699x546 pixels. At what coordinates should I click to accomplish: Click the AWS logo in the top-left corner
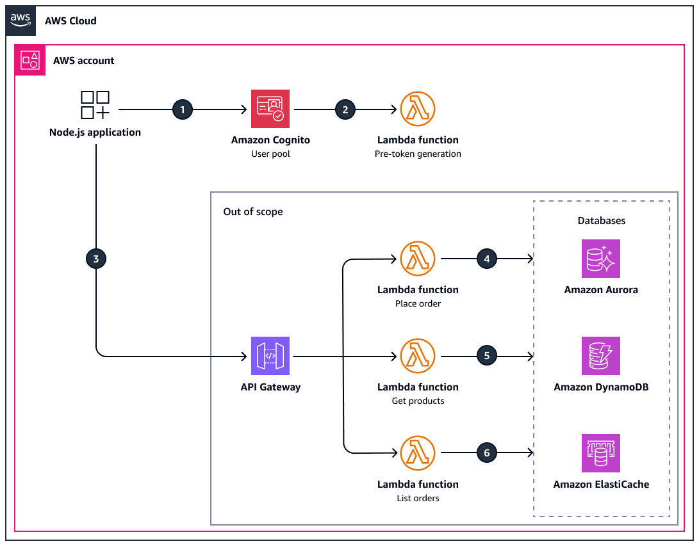click(x=21, y=20)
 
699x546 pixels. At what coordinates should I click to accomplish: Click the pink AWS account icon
click(x=30, y=60)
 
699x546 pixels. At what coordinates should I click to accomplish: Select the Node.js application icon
click(x=95, y=105)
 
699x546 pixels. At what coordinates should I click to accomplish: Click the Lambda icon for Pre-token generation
click(x=418, y=109)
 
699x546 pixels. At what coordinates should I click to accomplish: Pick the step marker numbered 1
click(x=183, y=109)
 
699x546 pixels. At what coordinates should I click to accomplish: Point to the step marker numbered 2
click(x=345, y=109)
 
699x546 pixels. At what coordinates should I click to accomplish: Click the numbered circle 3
click(x=96, y=259)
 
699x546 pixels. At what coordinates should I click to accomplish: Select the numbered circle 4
click(x=487, y=259)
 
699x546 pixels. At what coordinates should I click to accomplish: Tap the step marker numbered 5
click(x=487, y=355)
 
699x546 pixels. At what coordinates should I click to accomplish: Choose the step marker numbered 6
click(x=487, y=453)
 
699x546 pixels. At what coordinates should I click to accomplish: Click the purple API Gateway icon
click(x=270, y=356)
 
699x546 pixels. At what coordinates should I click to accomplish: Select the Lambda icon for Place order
click(x=418, y=259)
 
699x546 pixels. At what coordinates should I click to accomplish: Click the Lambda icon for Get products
click(x=418, y=356)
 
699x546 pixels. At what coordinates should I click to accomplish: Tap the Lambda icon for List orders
click(x=418, y=453)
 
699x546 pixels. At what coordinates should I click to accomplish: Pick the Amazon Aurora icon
click(x=601, y=259)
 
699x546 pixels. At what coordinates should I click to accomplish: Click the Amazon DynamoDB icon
click(x=601, y=356)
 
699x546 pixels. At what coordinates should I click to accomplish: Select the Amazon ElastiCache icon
click(x=601, y=453)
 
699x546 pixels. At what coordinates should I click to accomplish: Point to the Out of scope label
click(x=252, y=212)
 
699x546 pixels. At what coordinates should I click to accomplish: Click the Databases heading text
click(x=601, y=221)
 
